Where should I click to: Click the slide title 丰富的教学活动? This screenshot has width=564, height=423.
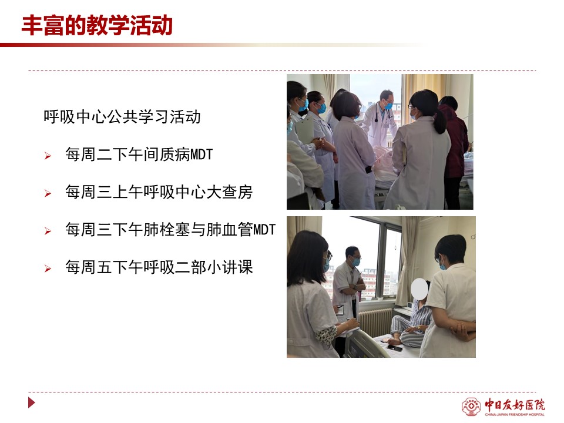pos(97,25)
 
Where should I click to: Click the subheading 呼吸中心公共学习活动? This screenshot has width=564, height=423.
pos(122,116)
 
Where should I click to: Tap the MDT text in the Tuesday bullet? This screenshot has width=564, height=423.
pos(202,155)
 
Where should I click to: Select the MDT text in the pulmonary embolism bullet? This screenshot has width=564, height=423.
pos(264,230)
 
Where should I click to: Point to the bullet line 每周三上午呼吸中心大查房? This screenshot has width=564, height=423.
pos(159,192)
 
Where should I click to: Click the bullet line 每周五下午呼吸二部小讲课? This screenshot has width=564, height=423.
pos(159,267)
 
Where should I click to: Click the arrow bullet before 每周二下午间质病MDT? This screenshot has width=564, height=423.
pos(48,156)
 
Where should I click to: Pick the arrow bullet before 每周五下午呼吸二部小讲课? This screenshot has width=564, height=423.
pos(48,268)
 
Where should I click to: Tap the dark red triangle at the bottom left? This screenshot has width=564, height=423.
pos(32,402)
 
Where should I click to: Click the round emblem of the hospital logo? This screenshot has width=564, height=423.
pos(471,407)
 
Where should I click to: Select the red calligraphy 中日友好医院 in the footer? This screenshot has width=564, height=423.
pos(515,404)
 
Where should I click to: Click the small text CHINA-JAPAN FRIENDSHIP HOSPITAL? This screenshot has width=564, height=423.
pos(515,414)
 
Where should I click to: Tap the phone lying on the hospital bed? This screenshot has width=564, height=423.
pos(394,348)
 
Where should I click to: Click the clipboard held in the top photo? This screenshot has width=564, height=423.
pos(304,130)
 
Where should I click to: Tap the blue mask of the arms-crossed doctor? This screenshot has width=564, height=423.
pos(356,261)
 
